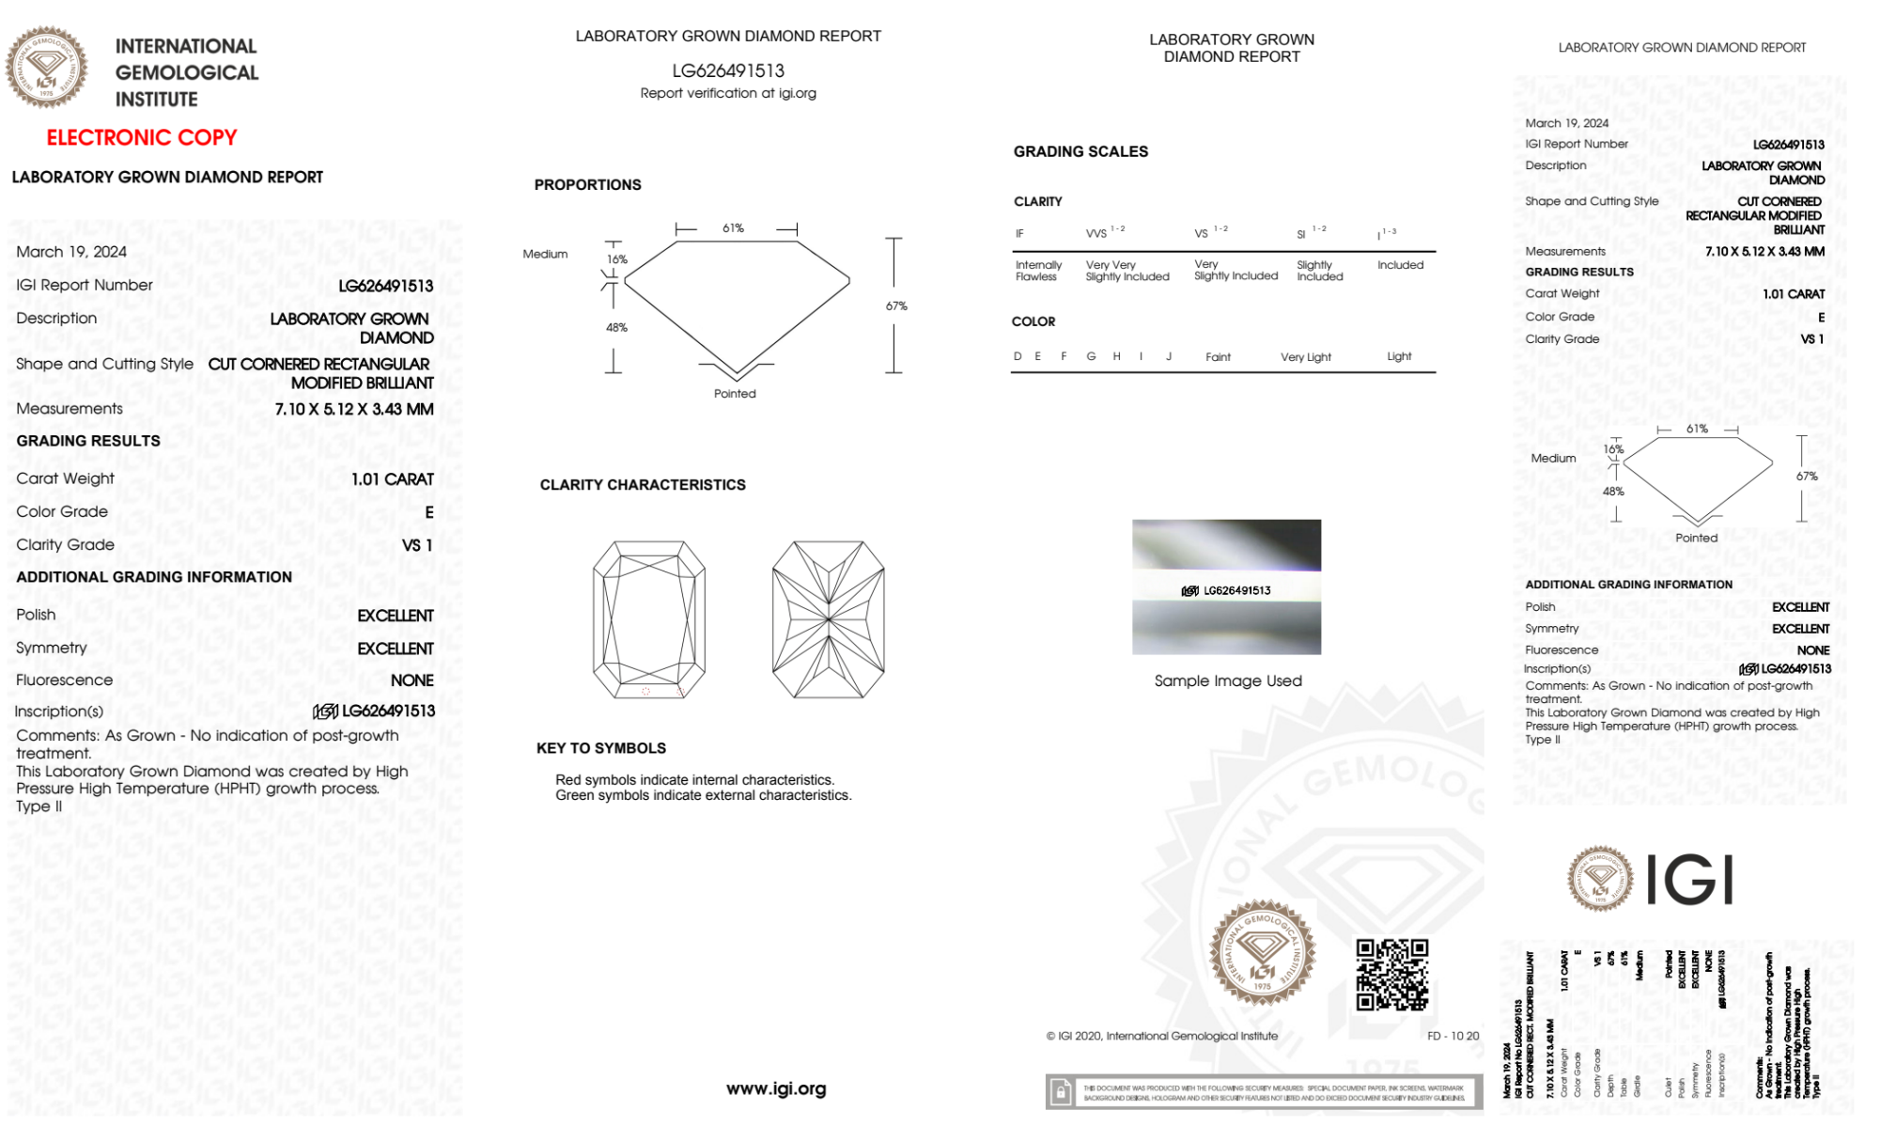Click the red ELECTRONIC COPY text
point(142,138)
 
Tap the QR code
point(1391,975)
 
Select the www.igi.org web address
point(776,1088)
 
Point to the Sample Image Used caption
point(1228,681)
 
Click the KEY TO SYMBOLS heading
point(601,748)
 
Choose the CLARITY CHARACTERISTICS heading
point(643,485)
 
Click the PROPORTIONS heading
point(588,185)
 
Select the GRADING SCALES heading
point(1080,151)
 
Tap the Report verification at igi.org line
point(728,93)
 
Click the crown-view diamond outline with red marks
point(649,619)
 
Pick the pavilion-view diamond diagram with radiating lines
point(828,619)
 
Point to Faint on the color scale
point(1218,357)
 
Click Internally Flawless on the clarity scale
point(1037,271)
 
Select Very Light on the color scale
point(1305,357)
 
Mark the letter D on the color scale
point(1018,356)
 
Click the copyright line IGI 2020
point(1162,1036)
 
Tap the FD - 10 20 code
point(1453,1036)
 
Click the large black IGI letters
point(1690,881)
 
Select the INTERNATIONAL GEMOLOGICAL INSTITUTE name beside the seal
point(186,72)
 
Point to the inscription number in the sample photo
point(1236,590)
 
